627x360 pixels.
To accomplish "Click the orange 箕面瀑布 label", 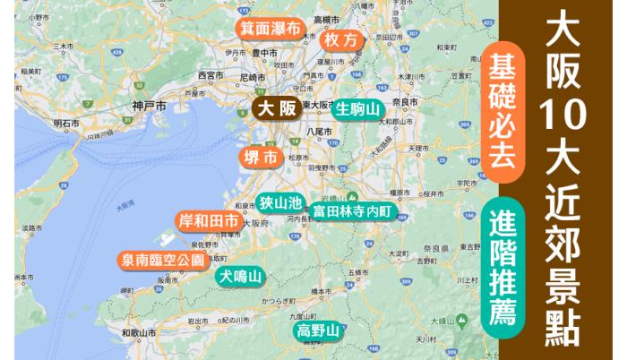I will coord(270,28).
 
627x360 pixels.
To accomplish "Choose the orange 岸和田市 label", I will coord(209,220).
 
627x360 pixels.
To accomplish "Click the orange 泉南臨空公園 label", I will coord(164,261).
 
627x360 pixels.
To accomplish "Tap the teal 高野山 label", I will coord(318,332).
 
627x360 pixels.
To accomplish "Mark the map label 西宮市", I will coord(213,75).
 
